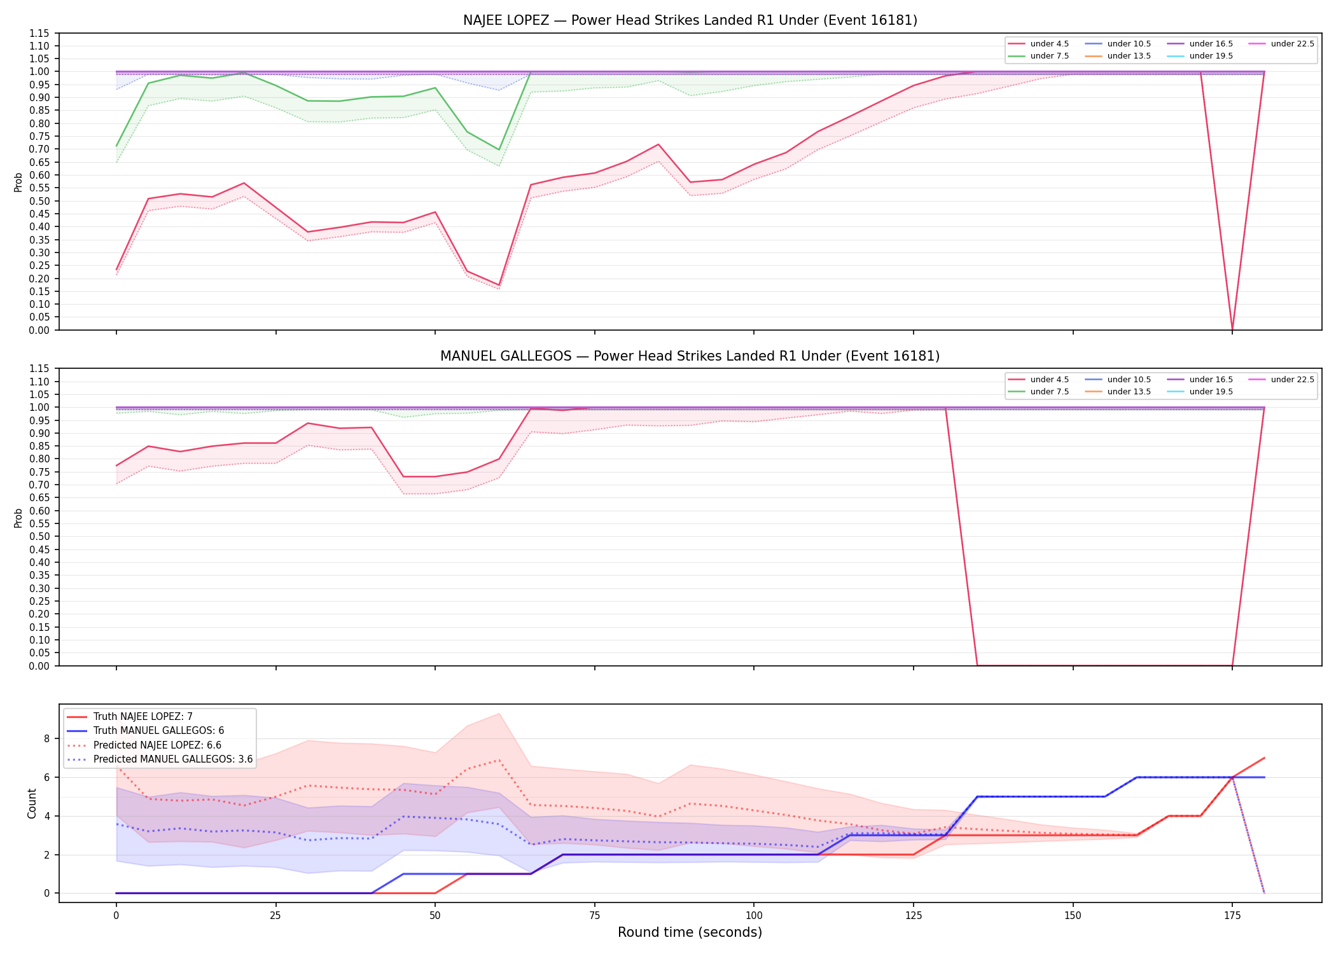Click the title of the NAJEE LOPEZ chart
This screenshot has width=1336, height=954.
pos(690,20)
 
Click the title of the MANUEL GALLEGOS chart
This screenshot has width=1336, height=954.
pos(690,356)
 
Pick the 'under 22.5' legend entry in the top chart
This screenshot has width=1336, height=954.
pos(1281,44)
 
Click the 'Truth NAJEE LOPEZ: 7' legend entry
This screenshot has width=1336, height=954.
pos(130,717)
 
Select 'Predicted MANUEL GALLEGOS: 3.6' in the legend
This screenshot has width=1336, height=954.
pos(160,759)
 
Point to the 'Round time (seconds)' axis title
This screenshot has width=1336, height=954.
pos(690,932)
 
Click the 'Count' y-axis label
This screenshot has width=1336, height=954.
pos(32,803)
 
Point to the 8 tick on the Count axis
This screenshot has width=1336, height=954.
pos(47,739)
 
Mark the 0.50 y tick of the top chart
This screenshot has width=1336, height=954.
pos(40,201)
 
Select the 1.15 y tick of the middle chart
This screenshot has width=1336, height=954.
pos(40,369)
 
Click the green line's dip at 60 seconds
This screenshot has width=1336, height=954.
pos(499,150)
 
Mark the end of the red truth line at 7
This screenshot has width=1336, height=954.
pos(1264,758)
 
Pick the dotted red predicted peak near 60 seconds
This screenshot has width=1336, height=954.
pos(499,760)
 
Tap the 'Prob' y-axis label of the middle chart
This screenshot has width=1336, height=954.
pos(18,518)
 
